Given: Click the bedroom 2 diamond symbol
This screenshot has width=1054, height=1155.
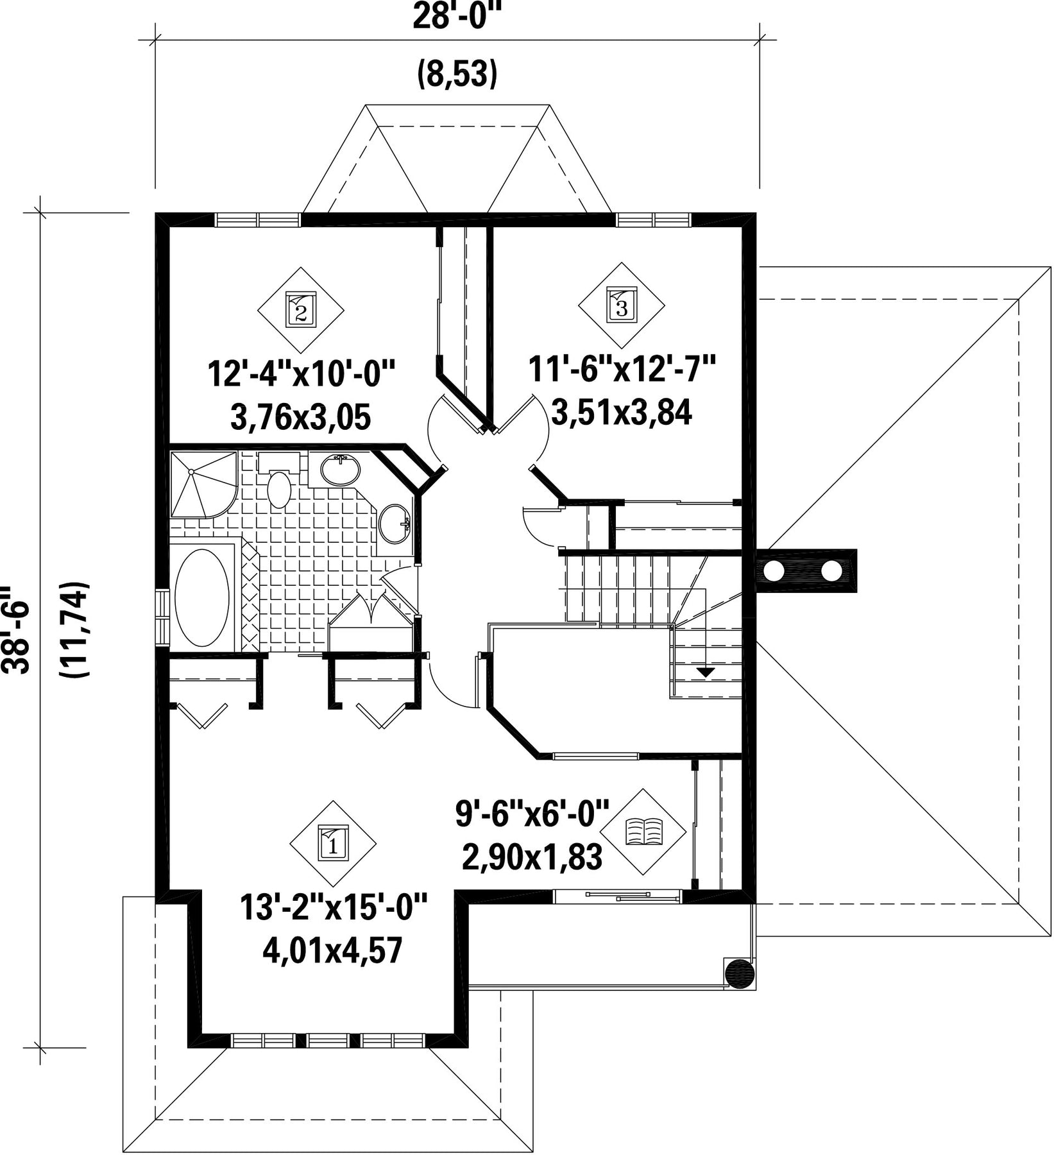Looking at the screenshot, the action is [300, 311].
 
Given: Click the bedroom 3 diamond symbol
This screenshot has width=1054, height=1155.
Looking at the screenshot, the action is [621, 305].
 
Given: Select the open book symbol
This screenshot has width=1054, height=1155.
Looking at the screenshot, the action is [643, 832].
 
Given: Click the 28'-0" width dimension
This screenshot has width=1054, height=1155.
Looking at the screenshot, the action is [456, 16].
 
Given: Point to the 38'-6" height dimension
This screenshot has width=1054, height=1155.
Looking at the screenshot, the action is [16, 629].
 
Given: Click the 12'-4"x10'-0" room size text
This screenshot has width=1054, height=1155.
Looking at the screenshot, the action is [300, 374].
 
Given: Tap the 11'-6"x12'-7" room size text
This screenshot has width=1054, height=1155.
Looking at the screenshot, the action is [622, 370].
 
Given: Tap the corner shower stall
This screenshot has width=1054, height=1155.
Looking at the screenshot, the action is [203, 484].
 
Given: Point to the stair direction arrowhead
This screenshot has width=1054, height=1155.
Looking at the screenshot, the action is [706, 672].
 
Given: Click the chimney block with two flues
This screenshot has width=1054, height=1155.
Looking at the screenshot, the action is [806, 570].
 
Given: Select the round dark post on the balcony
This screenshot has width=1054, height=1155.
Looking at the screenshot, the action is [740, 973].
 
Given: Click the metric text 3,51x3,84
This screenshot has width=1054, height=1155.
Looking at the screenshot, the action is [622, 413].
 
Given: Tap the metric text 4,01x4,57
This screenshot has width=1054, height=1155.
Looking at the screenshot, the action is [332, 950].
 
